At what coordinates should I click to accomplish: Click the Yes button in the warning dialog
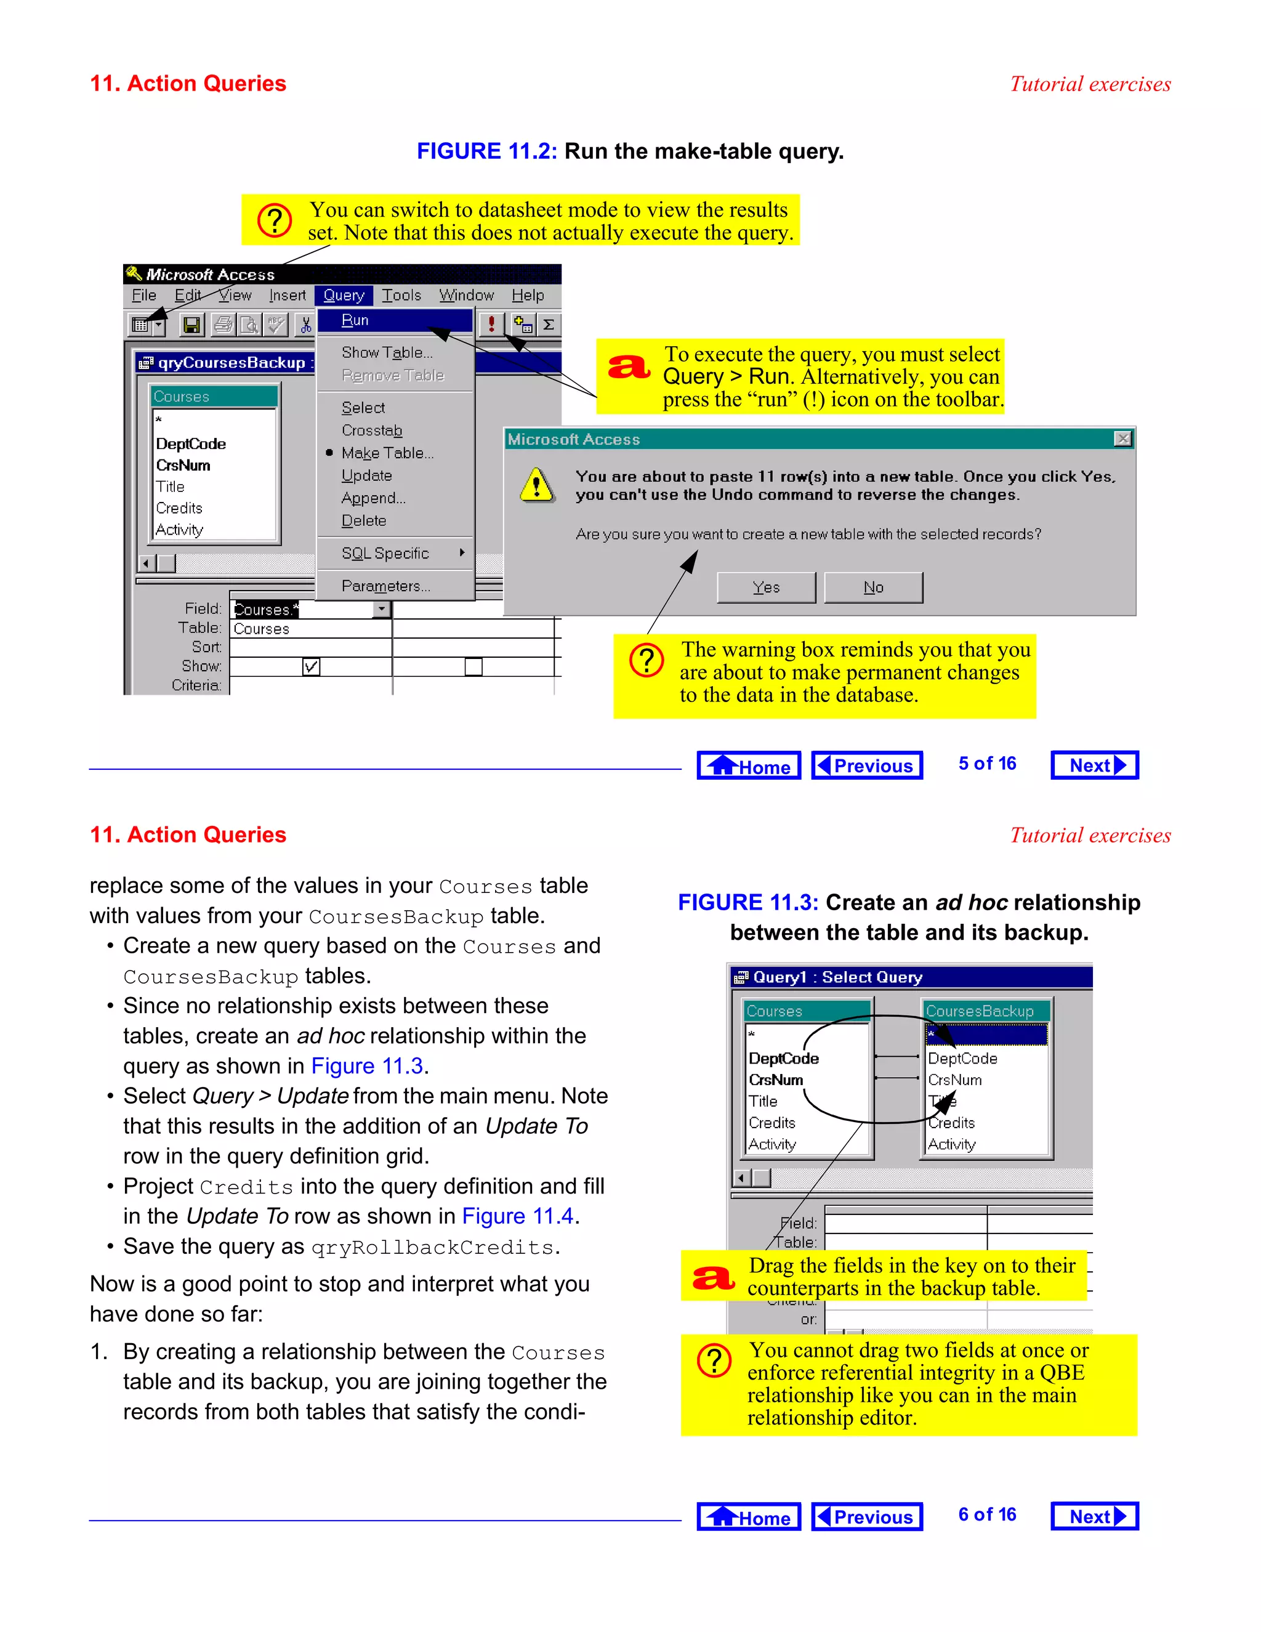click(766, 588)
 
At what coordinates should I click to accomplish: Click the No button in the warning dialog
click(872, 588)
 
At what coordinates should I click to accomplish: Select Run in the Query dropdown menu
click(356, 321)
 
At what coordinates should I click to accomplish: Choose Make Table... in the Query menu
click(387, 453)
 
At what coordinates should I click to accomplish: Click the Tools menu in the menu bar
click(401, 295)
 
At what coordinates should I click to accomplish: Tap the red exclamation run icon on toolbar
click(491, 325)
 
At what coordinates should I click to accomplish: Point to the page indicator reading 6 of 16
click(987, 1515)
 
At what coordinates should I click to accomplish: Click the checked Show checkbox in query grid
click(311, 666)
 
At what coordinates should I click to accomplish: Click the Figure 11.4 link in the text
click(517, 1216)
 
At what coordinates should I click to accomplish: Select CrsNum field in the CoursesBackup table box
click(955, 1080)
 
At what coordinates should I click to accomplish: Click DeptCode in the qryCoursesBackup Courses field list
click(190, 444)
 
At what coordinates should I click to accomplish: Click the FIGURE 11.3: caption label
click(747, 903)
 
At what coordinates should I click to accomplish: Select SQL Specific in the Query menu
click(385, 554)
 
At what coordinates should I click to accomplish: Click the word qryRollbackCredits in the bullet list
click(432, 1248)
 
